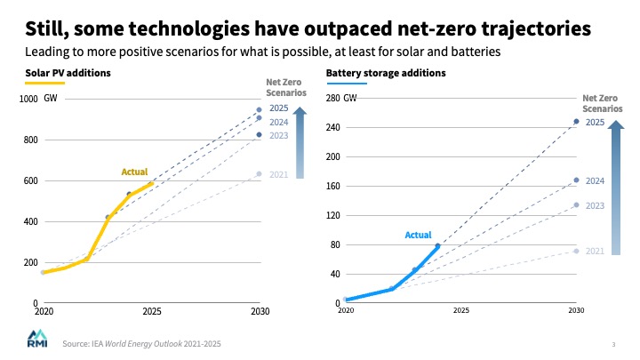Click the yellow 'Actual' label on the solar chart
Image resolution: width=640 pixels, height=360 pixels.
tap(134, 172)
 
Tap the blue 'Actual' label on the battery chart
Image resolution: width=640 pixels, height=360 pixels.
tap(418, 235)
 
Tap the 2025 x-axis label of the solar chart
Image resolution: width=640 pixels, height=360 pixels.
tap(151, 312)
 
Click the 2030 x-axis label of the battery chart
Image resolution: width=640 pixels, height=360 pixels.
tap(576, 310)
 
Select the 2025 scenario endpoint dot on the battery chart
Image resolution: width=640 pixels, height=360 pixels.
tap(576, 121)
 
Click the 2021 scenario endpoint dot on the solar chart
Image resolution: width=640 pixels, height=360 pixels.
tap(259, 173)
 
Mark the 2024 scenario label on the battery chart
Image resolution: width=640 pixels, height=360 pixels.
tap(596, 180)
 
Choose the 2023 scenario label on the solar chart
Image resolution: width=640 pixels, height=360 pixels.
tap(278, 135)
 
